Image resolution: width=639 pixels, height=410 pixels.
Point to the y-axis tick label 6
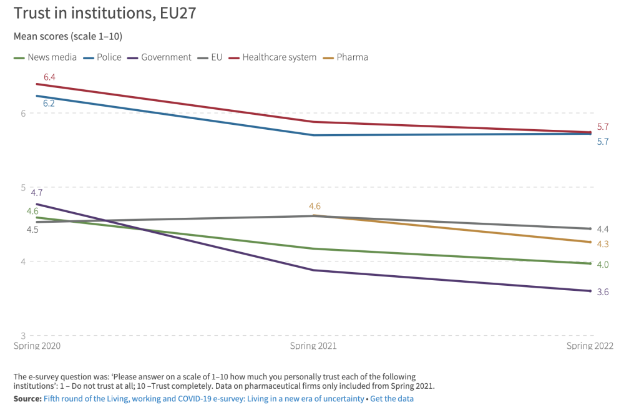[x=22, y=113]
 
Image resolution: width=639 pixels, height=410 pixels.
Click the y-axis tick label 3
[x=22, y=336]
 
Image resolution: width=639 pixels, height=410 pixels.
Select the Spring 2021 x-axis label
[x=313, y=346]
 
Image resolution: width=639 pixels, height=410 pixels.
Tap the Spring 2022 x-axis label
[x=590, y=346]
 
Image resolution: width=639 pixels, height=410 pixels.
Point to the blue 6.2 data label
[x=49, y=103]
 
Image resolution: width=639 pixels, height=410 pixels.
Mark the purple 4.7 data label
[x=37, y=193]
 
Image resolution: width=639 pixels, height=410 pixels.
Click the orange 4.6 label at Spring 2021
[x=315, y=206]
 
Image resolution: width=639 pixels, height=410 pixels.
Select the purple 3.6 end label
[x=603, y=291]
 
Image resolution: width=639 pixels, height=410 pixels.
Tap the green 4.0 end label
[x=603, y=265]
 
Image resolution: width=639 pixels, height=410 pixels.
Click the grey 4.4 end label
[x=603, y=229]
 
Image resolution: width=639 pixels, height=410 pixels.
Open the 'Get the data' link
[x=392, y=398]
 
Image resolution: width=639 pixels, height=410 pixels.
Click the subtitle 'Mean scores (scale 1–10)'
[x=67, y=36]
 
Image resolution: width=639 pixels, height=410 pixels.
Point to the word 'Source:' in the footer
[x=27, y=398]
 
